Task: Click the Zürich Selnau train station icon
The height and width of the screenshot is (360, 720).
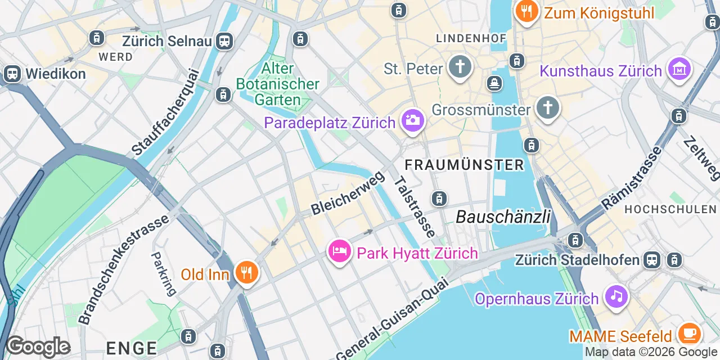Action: (225, 40)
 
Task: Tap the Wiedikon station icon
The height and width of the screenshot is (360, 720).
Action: (11, 74)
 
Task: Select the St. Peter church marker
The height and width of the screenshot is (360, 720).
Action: (460, 67)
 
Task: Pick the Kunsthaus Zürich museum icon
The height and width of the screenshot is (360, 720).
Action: (679, 69)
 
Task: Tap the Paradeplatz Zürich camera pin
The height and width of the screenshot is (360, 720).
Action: (412, 120)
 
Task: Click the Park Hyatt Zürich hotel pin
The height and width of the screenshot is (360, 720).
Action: (340, 251)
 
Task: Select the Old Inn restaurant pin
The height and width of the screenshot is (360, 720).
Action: (246, 273)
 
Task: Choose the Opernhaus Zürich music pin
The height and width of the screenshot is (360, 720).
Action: (616, 296)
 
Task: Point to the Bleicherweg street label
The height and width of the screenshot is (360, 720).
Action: (348, 193)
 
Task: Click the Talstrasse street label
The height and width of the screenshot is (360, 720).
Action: (415, 206)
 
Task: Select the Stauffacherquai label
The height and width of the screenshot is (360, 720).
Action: (166, 112)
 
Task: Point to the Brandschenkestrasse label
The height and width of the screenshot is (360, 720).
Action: (124, 269)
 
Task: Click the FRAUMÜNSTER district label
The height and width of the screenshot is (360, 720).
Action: (465, 165)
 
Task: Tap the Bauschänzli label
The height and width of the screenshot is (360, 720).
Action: (503, 217)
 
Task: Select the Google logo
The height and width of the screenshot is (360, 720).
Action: (38, 347)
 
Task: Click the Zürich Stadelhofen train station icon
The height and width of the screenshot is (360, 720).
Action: (652, 259)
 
